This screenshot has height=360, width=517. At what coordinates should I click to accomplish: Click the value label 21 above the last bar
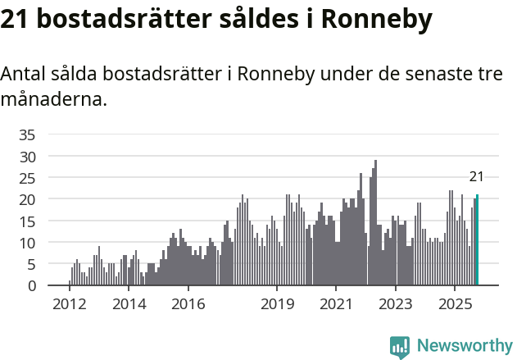click(x=476, y=176)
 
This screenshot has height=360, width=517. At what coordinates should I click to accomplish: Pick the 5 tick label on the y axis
click(x=31, y=264)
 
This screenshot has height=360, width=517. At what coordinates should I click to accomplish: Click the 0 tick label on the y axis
click(x=31, y=285)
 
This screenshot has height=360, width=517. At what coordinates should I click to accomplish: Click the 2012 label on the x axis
click(x=69, y=305)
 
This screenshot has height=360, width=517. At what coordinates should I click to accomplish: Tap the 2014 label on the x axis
click(x=129, y=305)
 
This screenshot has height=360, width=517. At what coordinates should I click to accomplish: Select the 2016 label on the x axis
click(x=188, y=305)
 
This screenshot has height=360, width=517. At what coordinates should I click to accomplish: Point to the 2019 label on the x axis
click(x=277, y=305)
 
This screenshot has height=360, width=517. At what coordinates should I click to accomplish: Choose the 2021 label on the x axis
click(x=336, y=305)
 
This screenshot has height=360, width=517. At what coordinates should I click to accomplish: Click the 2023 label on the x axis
click(x=396, y=305)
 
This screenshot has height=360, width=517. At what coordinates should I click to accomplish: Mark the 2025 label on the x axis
click(x=455, y=305)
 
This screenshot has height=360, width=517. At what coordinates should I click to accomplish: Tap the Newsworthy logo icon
click(x=400, y=346)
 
